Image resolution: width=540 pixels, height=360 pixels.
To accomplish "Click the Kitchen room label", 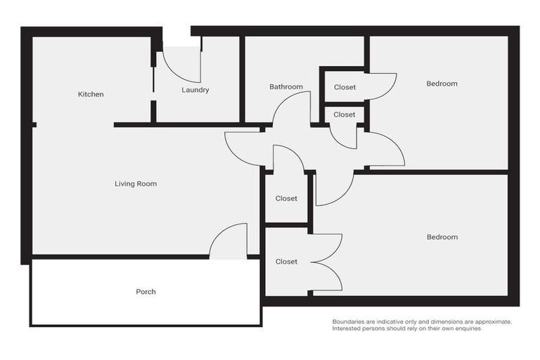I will [91, 94].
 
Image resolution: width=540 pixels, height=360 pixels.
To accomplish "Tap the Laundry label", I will [195, 90].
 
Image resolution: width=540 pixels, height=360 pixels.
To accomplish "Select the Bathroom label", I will [286, 87].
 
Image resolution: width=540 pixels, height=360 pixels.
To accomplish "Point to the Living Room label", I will [136, 184].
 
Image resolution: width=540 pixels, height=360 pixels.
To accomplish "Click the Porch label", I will [146, 292].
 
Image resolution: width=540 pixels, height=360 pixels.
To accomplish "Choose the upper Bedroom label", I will [442, 84].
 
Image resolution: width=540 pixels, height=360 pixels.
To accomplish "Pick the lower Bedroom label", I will [442, 237].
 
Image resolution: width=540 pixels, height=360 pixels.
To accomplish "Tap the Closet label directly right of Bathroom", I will [345, 88].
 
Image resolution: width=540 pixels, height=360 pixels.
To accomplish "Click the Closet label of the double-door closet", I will [286, 262].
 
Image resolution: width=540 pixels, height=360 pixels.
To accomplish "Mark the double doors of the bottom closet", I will [327, 262].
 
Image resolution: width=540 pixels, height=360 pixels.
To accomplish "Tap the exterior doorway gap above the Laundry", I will [176, 32].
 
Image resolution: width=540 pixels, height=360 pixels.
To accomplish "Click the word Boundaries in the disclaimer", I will [350, 321].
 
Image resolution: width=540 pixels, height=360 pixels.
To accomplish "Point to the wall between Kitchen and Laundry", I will [153, 81].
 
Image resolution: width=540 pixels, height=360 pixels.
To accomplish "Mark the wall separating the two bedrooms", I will [436, 172].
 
